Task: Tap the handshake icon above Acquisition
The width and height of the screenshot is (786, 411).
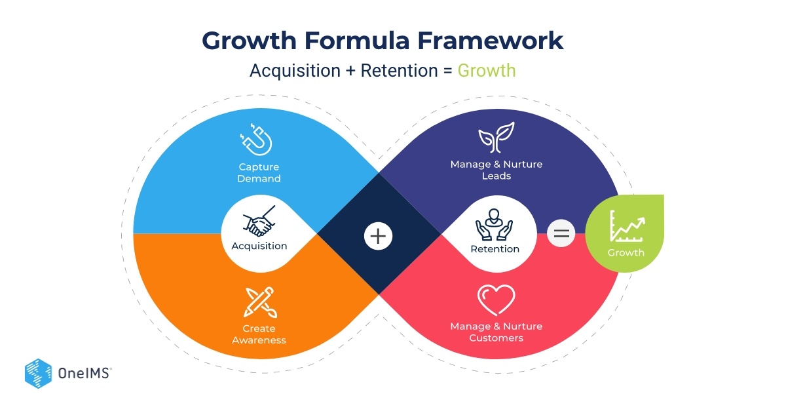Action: (259, 223)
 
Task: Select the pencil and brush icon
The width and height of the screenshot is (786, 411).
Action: (259, 302)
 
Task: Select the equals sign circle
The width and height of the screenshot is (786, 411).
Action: (561, 233)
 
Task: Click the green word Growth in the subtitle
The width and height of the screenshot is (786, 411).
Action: (486, 70)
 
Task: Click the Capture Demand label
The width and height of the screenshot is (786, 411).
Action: (259, 173)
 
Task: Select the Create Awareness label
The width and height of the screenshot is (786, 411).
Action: (259, 334)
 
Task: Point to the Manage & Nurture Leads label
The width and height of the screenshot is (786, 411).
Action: (496, 169)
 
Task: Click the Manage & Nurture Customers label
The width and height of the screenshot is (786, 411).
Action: (496, 332)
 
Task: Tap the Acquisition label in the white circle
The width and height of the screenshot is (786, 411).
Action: (259, 246)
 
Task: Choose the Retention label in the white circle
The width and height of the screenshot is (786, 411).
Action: (495, 249)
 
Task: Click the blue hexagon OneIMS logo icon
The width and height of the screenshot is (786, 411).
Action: (38, 373)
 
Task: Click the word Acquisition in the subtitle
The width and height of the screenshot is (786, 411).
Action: (294, 70)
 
